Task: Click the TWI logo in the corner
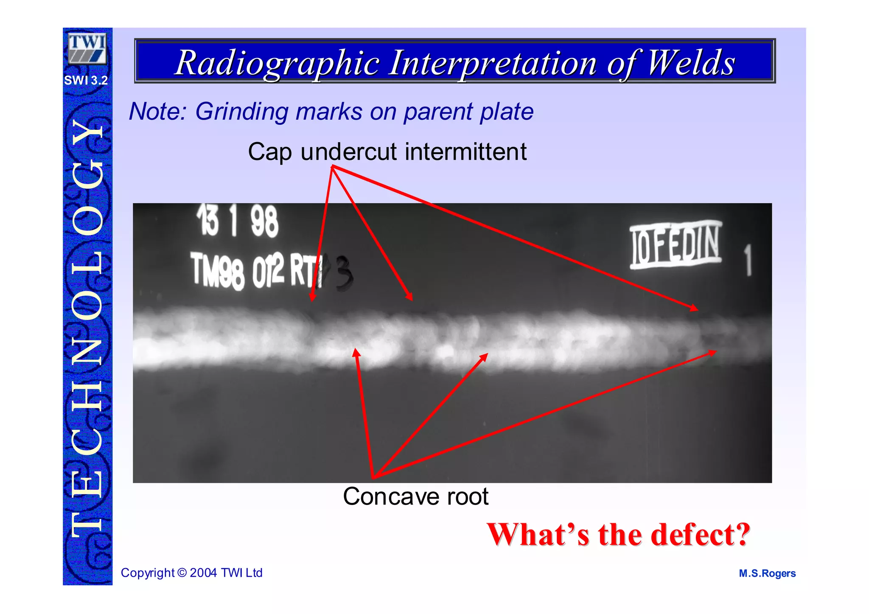[87, 48]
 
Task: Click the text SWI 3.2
[86, 80]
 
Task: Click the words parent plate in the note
[468, 112]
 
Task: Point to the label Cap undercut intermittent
[387, 151]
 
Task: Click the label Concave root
[415, 496]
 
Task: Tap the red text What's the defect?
[618, 534]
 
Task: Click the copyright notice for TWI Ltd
[192, 573]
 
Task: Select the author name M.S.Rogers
[767, 573]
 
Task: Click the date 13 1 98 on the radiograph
[238, 221]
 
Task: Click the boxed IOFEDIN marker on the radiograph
[676, 245]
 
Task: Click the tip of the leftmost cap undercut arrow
[312, 301]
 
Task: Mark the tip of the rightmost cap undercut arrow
[698, 310]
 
